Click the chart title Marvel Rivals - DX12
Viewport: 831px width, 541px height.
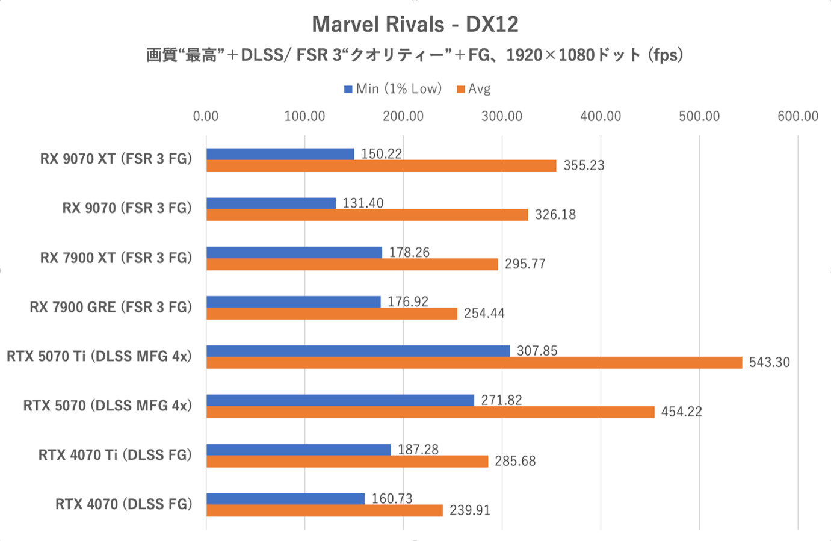415,25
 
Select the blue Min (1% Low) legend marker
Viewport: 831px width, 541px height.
348,89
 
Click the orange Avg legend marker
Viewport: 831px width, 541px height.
461,89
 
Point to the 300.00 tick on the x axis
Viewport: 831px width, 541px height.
502,116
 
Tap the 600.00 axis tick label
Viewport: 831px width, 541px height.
797,116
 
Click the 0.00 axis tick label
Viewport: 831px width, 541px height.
206,116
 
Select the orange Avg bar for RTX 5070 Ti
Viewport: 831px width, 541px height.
474,362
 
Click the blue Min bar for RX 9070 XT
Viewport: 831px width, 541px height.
280,154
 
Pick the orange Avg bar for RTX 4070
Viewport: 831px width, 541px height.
324,510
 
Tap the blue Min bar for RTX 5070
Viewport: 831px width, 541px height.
340,400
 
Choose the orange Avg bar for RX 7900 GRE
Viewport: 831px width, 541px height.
332,313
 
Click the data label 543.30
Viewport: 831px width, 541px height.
769,362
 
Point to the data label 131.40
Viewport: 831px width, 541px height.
363,203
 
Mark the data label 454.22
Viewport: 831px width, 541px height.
681,412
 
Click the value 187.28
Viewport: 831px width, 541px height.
418,450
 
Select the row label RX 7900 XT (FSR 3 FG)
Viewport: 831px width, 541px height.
116,258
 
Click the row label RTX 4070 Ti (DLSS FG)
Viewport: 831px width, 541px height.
115,455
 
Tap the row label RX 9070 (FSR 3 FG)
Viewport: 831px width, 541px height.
126,208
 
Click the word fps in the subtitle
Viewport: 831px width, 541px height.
665,55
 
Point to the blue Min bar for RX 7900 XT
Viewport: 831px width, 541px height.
294,252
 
